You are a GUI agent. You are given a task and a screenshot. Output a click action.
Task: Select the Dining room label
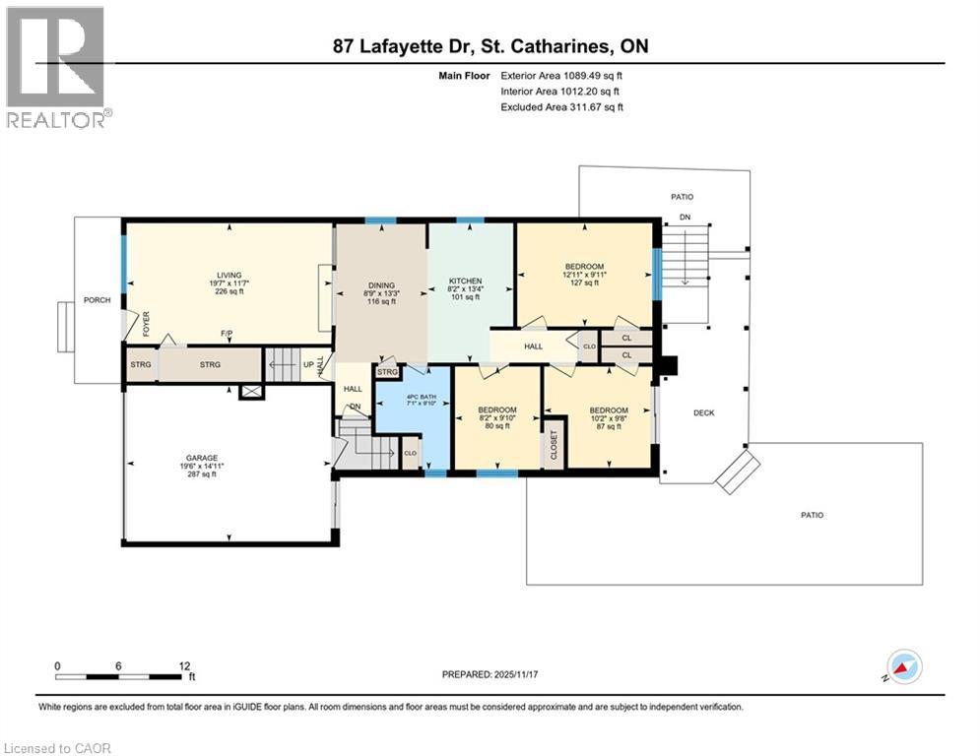tap(380, 283)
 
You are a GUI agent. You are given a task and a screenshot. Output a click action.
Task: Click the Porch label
tap(98, 300)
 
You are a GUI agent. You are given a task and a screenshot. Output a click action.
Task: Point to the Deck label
tap(703, 413)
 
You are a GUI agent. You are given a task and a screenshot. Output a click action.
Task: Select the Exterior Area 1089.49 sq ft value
tap(561, 75)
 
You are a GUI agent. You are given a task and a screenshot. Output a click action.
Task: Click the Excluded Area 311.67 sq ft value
tap(561, 106)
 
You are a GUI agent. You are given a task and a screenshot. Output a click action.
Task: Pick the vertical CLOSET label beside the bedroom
tap(554, 445)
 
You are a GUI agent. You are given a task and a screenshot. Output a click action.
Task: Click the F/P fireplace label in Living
tap(227, 334)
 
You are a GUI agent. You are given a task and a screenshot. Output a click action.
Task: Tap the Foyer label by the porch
tap(146, 325)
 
